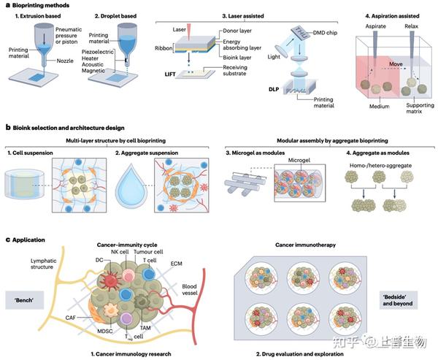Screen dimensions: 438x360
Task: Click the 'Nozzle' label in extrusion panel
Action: pyautogui.click(x=65, y=61)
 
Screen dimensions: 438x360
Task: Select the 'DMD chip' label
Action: pyautogui.click(x=325, y=33)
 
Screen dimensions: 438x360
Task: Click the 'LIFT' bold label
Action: pyautogui.click(x=170, y=74)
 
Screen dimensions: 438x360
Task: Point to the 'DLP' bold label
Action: pyautogui.click(x=274, y=90)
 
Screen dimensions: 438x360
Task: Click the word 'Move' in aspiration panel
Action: pyautogui.click(x=396, y=64)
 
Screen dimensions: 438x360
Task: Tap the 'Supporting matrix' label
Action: pyautogui.click(x=420, y=108)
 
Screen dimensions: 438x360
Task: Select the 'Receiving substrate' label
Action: pyautogui.click(x=234, y=70)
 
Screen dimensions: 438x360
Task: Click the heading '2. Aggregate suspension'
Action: pyautogui.click(x=147, y=153)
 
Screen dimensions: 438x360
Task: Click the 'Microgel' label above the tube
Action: pyautogui.click(x=299, y=160)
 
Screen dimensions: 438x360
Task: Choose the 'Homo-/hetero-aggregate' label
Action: pyautogui.click(x=380, y=166)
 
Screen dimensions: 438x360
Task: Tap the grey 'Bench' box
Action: pyautogui.click(x=25, y=300)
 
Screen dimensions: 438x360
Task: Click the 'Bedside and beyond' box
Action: pyautogui.click(x=399, y=300)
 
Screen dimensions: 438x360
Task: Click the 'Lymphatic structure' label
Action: pyautogui.click(x=44, y=264)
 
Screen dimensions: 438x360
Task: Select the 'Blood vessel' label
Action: pyautogui.click(x=190, y=290)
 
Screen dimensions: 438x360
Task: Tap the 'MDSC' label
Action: pyautogui.click(x=105, y=332)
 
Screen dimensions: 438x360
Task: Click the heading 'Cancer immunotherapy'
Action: pyautogui.click(x=305, y=245)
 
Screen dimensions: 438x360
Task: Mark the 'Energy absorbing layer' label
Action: pyautogui.click(x=242, y=45)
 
